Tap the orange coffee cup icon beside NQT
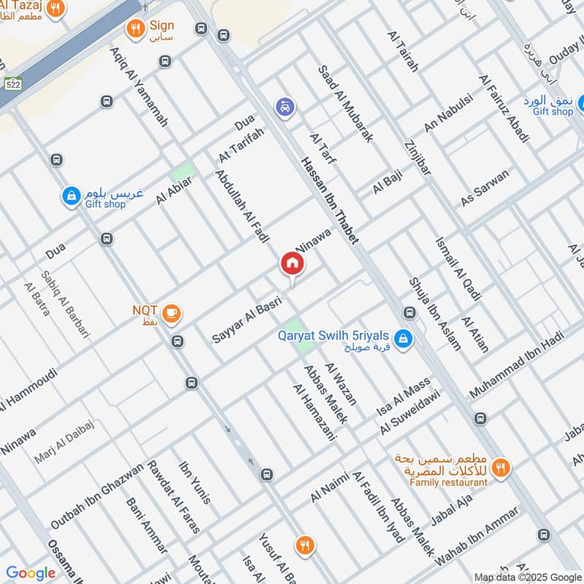[x=172, y=313]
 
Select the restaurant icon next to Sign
[x=134, y=29]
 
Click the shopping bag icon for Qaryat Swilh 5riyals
[x=401, y=339]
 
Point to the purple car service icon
[x=285, y=107]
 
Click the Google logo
[x=31, y=573]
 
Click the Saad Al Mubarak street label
[x=345, y=103]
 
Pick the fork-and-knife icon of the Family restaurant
[x=501, y=467]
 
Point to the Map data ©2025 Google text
[x=527, y=576]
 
